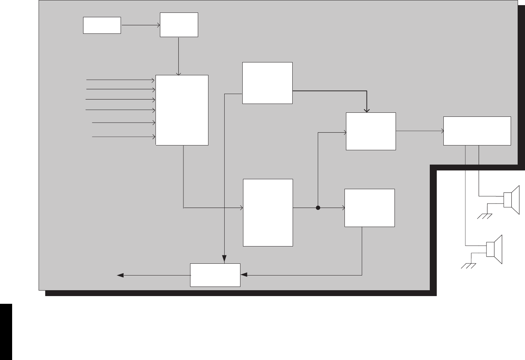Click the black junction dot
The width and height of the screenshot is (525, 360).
318,208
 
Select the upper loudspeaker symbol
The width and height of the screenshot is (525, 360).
511,200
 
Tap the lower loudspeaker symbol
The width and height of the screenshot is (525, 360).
494,249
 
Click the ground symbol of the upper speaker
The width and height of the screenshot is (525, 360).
485,216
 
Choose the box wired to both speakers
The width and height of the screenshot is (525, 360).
477,131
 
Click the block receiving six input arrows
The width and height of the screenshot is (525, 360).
182,110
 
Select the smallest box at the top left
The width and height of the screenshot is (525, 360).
102,25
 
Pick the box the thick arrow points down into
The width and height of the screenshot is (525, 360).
371,131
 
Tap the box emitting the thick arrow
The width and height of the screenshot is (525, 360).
267,83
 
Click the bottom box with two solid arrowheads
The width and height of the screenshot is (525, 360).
215,275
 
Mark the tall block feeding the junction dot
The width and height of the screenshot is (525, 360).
268,212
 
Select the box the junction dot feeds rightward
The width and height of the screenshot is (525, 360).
369,208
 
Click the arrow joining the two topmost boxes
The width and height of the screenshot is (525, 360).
140,25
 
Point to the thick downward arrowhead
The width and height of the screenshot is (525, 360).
366,109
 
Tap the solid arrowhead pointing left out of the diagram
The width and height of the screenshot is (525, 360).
120,275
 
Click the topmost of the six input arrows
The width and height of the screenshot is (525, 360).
120,79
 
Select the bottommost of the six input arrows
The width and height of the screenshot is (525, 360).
123,137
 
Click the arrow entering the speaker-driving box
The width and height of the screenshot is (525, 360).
419,131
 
